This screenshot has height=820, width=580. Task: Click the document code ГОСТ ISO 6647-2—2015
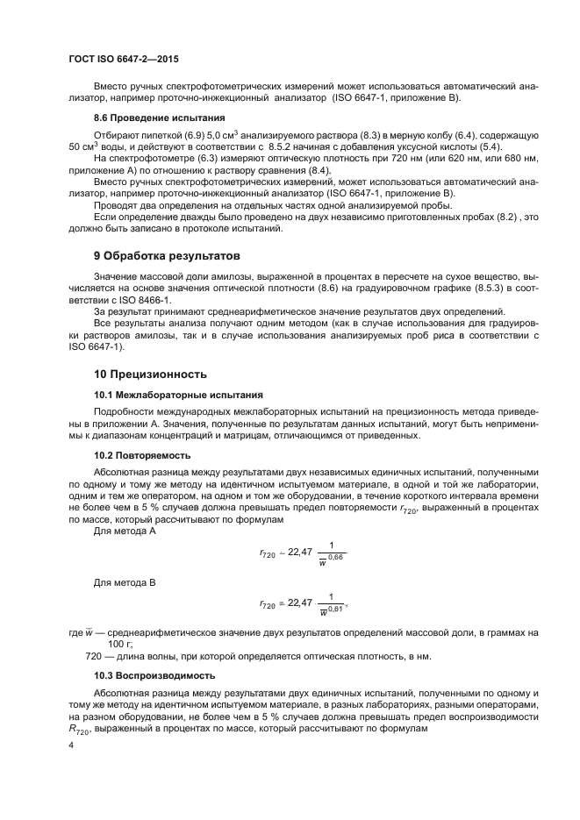pyautogui.click(x=124, y=59)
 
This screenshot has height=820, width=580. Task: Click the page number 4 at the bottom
pyautogui.click(x=69, y=745)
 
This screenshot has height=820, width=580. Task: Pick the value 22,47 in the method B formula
pyautogui.click(x=299, y=603)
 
